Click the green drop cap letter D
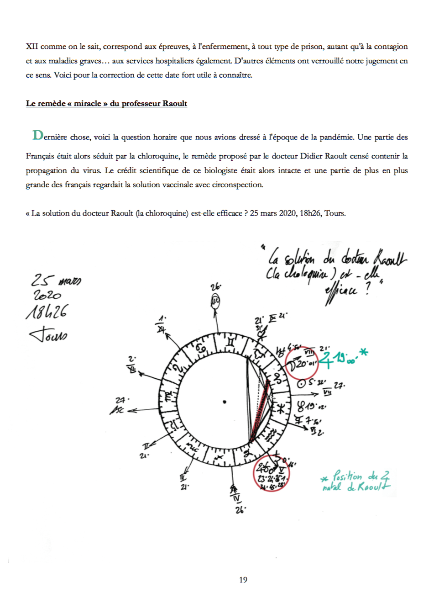coord(38,135)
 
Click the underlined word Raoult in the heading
coord(175,104)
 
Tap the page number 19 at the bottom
coord(243,580)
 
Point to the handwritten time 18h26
coord(46,312)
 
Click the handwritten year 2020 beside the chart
coord(47,295)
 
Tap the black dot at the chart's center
coord(225,402)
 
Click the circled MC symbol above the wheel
coord(215,301)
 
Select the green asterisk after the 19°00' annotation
coord(364,352)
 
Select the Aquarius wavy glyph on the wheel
coord(272,434)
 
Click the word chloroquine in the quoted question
coord(167,213)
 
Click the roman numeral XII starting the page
coord(32,47)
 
